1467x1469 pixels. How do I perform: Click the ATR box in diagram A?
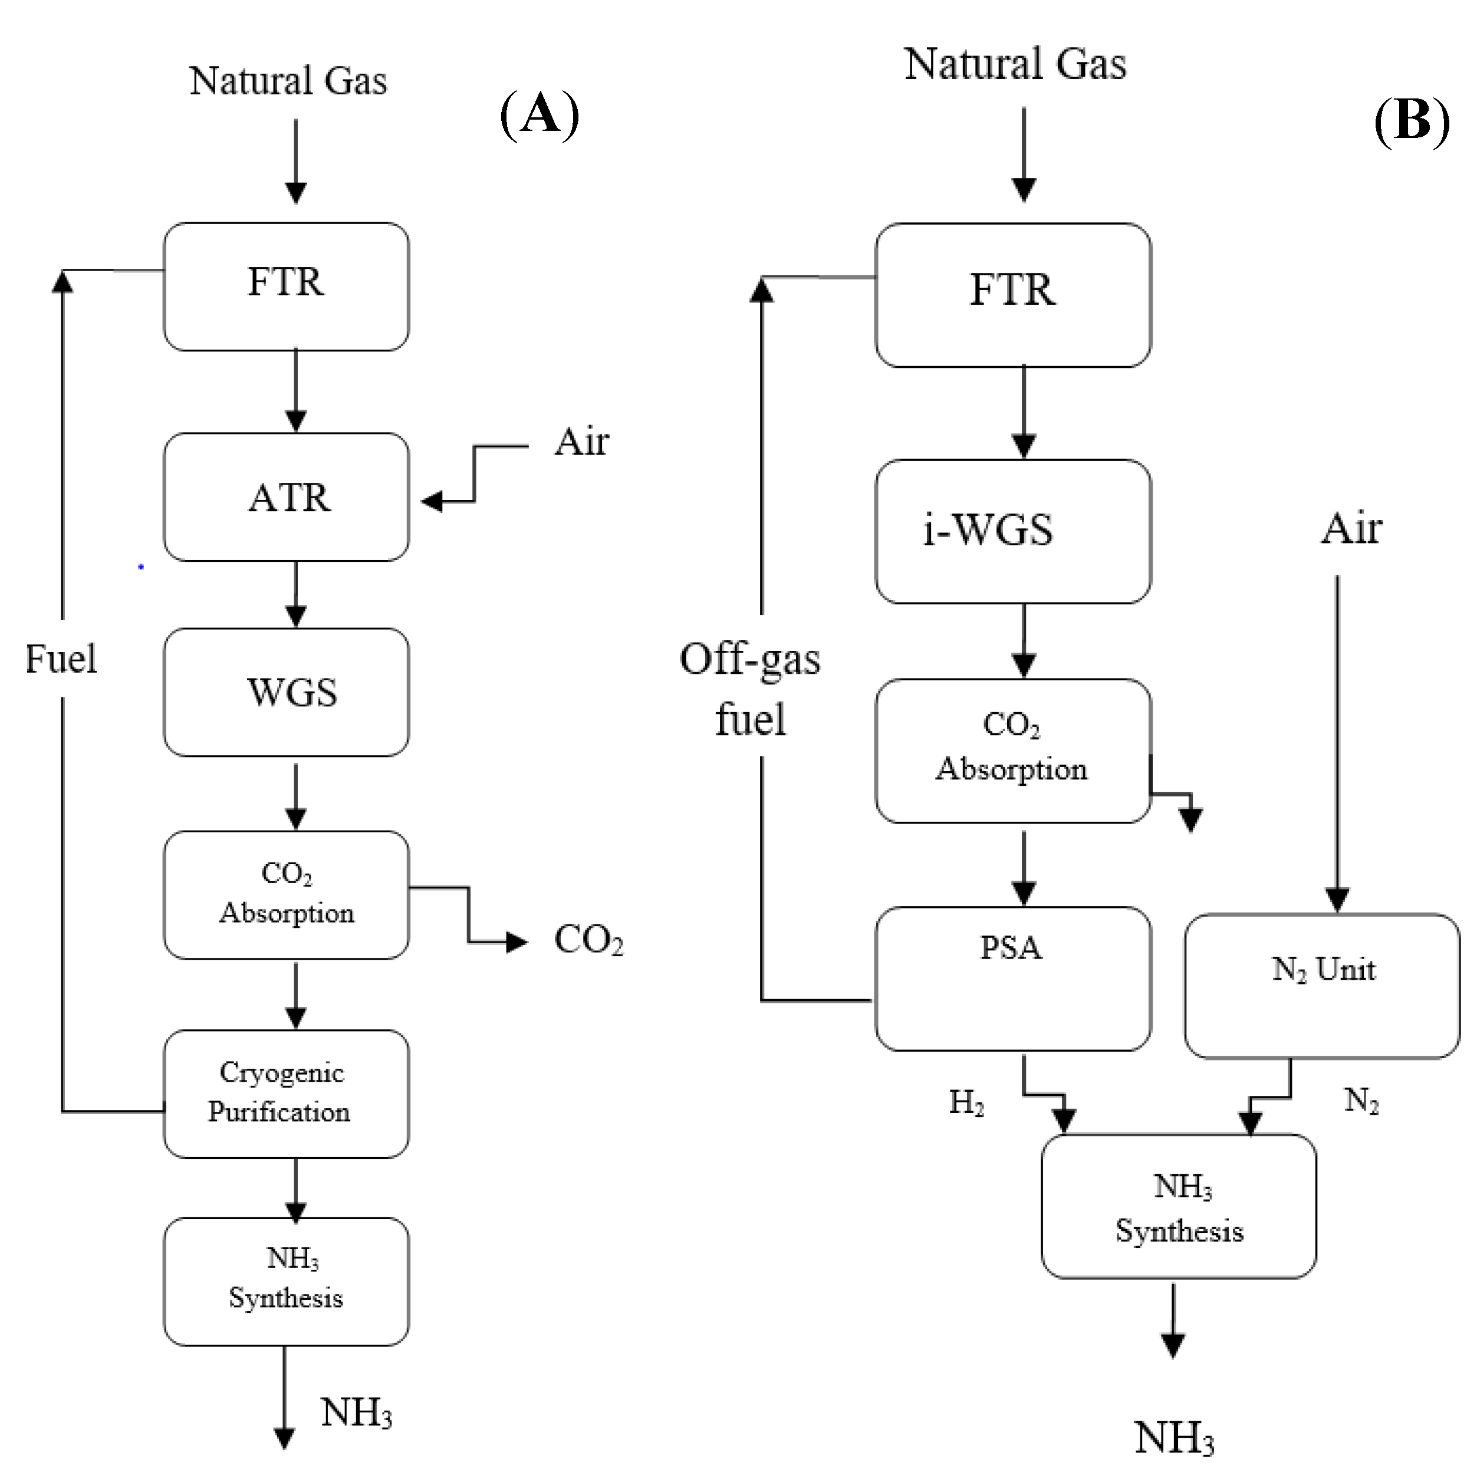[x=286, y=498]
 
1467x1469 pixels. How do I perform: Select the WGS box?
[x=286, y=692]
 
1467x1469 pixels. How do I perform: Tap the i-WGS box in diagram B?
[x=1012, y=531]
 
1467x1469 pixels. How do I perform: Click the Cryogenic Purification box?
[x=286, y=1093]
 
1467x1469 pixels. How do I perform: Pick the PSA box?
[x=1012, y=978]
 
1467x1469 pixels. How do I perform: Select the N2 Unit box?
[x=1322, y=986]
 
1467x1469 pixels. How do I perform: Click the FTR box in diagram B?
[x=1012, y=295]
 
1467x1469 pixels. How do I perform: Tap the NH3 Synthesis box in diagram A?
[x=286, y=1281]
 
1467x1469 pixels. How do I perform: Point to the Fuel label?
[x=61, y=658]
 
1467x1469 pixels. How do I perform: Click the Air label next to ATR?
[x=581, y=442]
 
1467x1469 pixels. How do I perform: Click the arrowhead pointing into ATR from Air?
[x=432, y=502]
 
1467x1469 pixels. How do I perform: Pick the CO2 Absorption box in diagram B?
[x=1012, y=750]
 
